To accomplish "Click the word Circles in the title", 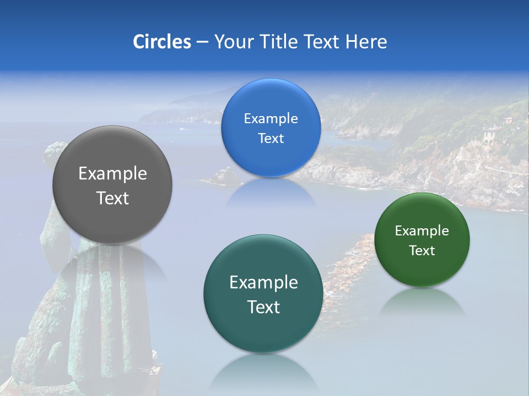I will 162,42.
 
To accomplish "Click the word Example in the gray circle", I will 112,173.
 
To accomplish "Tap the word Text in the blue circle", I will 271,138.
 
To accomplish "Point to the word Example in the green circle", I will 422,230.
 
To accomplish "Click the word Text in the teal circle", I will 263,307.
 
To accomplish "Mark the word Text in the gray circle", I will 112,198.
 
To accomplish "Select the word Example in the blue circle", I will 271,118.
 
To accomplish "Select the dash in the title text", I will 202,42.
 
